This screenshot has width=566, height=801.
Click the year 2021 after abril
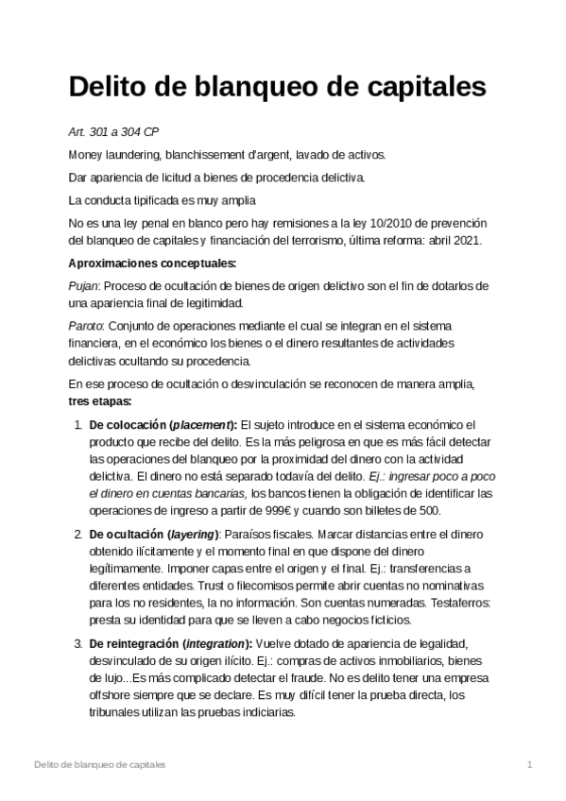tap(467, 240)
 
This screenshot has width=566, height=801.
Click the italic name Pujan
tap(84, 285)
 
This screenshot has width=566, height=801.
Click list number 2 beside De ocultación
tap(77, 536)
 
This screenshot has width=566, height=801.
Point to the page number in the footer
tap(530, 763)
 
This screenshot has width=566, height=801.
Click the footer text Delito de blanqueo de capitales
tap(98, 763)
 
